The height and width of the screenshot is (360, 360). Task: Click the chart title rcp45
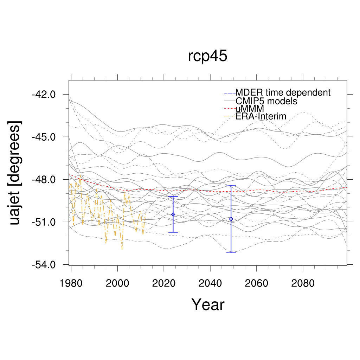207,56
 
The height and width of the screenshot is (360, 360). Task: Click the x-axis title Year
207,304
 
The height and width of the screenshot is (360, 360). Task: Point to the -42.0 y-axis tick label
43,94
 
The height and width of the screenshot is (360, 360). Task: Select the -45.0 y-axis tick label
43,137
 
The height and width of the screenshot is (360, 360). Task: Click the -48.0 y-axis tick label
43,179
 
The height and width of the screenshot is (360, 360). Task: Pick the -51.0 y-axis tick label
43,222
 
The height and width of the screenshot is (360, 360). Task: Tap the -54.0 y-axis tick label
43,264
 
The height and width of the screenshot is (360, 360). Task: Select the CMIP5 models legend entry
266,101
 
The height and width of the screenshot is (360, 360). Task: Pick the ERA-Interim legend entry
261,116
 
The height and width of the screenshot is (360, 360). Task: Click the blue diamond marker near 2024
173,214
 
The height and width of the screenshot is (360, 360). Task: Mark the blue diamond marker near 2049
231,219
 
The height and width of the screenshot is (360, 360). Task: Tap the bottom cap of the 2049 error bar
231,253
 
